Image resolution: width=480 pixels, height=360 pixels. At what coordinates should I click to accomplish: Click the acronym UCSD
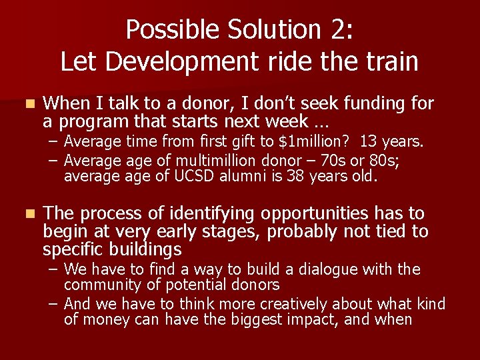coord(193,177)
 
